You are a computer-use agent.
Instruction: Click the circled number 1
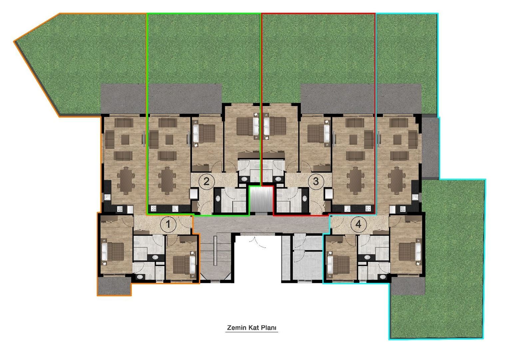coord(168,224)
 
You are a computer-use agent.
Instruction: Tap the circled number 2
coord(206,182)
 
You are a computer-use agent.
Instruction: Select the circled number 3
coord(316,182)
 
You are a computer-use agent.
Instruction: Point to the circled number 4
coord(358,224)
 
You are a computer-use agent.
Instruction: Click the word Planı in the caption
coord(269,328)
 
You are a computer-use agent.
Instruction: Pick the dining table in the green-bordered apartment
coord(166,181)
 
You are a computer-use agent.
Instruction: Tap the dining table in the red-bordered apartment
coord(356,181)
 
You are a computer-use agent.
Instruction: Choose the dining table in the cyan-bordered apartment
coord(396,181)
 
